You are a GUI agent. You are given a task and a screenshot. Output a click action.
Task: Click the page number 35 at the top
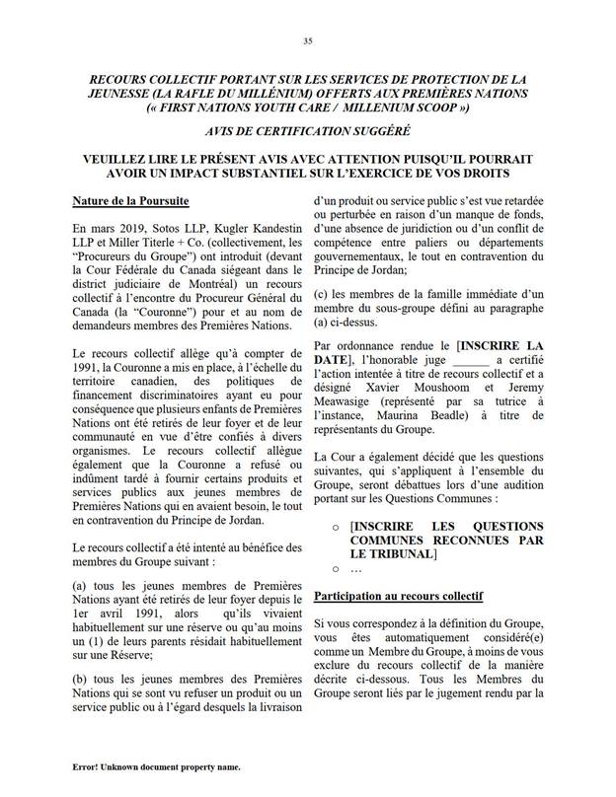click(x=308, y=40)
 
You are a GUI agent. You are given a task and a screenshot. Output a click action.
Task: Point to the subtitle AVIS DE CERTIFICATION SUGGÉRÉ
click(x=309, y=132)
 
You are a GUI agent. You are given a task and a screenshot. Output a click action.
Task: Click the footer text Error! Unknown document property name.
click(x=156, y=765)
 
